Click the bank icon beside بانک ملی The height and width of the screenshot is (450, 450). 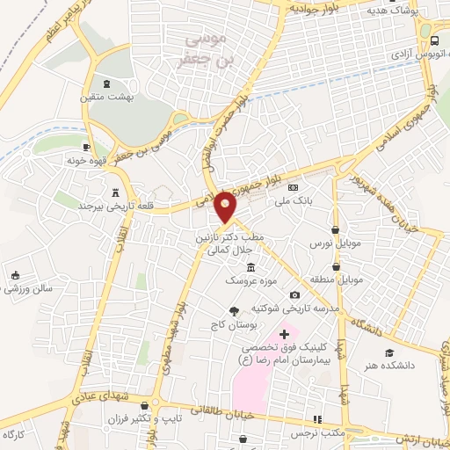click(x=294, y=187)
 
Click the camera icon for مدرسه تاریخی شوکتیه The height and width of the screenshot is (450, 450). click(x=294, y=294)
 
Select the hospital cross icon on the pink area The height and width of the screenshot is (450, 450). click(x=284, y=334)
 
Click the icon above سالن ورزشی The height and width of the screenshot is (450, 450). click(x=15, y=274)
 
